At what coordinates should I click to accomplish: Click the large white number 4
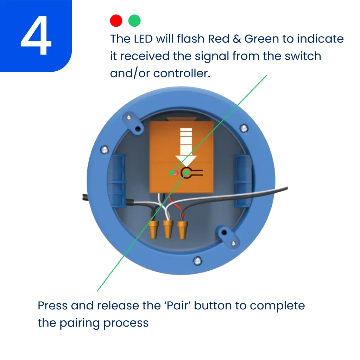click(36, 36)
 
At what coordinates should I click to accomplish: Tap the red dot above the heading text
click(116, 21)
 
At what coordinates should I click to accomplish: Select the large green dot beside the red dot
click(134, 21)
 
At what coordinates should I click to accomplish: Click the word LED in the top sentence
click(143, 39)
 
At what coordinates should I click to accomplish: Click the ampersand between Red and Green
click(237, 39)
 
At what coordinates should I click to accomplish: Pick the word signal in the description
click(212, 57)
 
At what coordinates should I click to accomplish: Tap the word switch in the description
click(303, 56)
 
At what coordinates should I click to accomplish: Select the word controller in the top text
click(182, 73)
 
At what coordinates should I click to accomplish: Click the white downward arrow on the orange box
click(186, 147)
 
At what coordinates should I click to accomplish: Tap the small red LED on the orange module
click(175, 173)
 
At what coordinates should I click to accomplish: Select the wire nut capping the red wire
click(183, 230)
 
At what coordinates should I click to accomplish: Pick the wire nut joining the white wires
click(168, 229)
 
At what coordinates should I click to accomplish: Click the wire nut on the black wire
click(153, 229)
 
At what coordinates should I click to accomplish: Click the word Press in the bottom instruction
click(53, 306)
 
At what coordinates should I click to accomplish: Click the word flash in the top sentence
click(191, 39)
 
